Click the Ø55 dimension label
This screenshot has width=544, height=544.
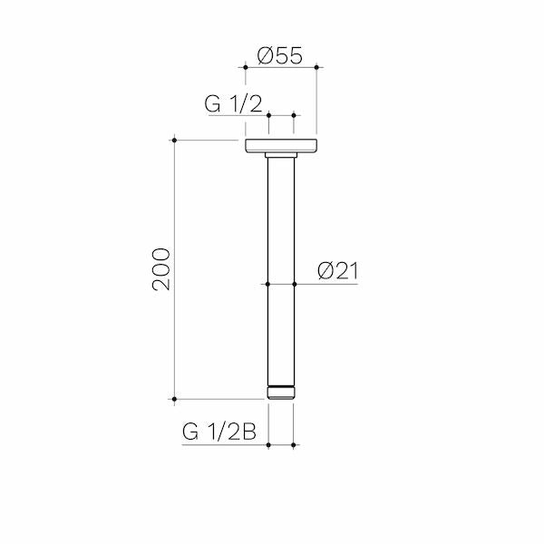click(x=279, y=55)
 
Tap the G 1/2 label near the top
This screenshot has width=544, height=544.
click(x=233, y=103)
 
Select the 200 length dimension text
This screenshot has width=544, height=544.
click(x=161, y=269)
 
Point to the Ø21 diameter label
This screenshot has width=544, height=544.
click(x=337, y=271)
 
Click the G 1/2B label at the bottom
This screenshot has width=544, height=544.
click(x=219, y=432)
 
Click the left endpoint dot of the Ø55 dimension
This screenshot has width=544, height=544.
click(x=246, y=67)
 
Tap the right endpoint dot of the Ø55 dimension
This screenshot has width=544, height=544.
click(x=316, y=67)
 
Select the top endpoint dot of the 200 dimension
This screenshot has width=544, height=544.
click(x=174, y=141)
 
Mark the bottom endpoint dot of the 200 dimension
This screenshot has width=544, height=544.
click(x=174, y=399)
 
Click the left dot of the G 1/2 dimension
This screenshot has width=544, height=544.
click(x=269, y=115)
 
